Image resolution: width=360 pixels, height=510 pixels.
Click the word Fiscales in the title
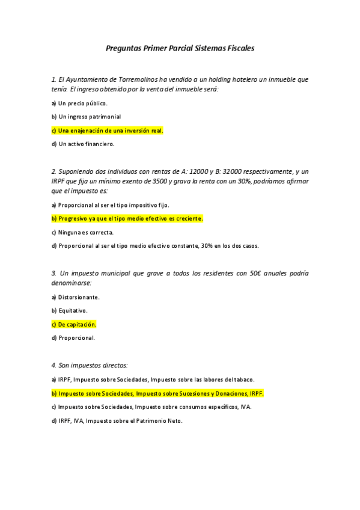coord(240,48)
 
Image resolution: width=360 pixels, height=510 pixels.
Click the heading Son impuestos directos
coord(90,365)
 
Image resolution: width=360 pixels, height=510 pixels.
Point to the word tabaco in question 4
coord(244,379)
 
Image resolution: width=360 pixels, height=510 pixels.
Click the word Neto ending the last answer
coord(174,421)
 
